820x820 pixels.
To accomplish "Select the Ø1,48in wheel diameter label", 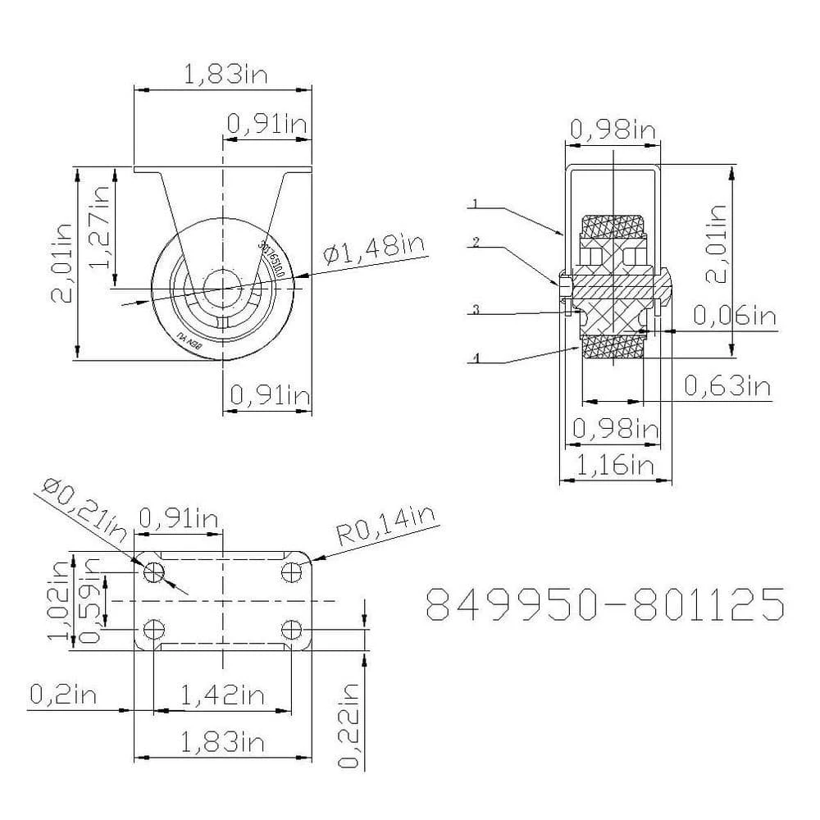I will point(373,248).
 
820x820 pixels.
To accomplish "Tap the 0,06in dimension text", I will point(733,315).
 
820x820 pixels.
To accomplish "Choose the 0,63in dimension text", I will point(727,385).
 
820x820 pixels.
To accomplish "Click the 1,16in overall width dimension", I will point(615,466).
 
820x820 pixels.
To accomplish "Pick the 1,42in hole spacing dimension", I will point(221,695).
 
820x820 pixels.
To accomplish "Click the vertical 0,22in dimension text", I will point(350,725).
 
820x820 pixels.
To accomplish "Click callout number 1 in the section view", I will point(475,202).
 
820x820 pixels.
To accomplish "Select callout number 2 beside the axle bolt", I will point(475,243).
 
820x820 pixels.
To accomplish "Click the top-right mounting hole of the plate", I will point(291,572).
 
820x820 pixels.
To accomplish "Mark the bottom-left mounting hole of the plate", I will point(153,630).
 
